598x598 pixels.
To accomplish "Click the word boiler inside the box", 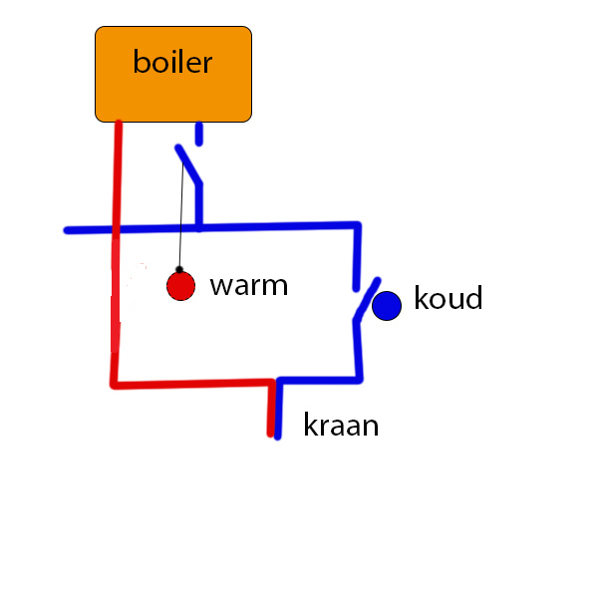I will coord(172,63).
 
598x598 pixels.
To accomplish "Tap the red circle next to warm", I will coord(180,287).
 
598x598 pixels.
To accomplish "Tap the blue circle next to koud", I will coord(387,305).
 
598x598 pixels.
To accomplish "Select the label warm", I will coord(248,286).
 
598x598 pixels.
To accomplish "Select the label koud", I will coord(448,298).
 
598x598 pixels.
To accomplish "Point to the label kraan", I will coord(341,427).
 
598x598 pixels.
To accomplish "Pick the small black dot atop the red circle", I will coord(179,269).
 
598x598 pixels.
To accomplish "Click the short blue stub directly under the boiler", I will coord(199,134).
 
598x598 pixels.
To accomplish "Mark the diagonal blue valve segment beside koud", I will coord(367,299).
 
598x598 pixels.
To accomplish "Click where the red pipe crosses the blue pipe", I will coord(117,230).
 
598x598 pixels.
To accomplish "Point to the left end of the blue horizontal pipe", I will coord(68,230).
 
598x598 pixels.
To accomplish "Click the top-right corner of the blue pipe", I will coord(357,225).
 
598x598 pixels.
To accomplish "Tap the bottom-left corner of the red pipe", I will coord(114,384).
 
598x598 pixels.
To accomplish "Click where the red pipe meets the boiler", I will coord(119,123).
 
